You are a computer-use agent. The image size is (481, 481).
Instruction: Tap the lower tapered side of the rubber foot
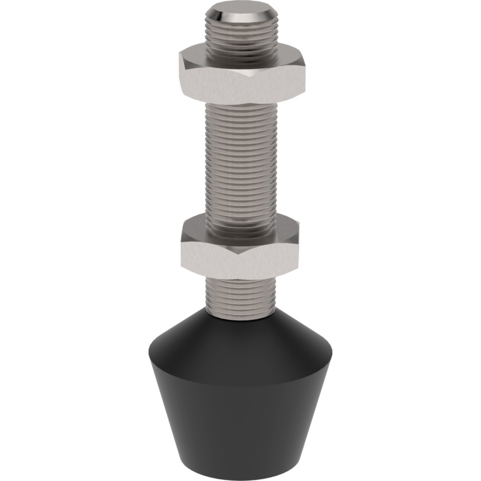240,421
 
